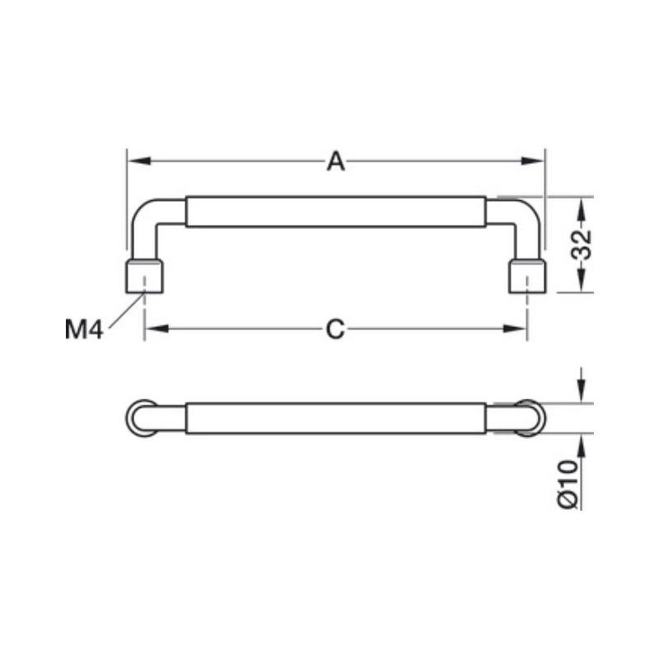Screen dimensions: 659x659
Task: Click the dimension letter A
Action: click(x=336, y=161)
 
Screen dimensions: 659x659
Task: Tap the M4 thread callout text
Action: click(x=84, y=329)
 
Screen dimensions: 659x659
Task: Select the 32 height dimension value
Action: click(x=582, y=245)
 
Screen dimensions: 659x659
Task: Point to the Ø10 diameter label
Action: click(x=568, y=484)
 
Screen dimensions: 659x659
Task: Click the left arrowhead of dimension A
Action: click(x=139, y=161)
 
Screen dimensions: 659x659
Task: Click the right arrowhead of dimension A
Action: click(x=532, y=161)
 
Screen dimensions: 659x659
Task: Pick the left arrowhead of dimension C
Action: click(x=157, y=329)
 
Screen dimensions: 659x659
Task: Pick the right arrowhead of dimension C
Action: click(x=515, y=329)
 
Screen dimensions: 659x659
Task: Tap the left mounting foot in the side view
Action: click(x=144, y=276)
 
